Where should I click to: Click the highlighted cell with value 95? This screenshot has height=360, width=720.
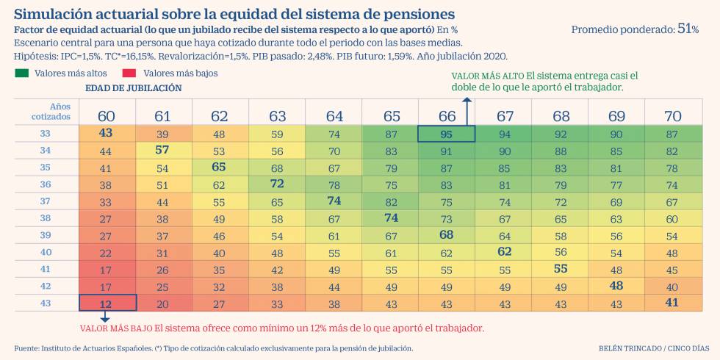[446, 134]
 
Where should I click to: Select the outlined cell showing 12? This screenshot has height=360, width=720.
[107, 303]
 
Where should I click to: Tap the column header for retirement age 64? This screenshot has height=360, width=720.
[334, 116]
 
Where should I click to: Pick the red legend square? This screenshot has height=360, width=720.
[129, 73]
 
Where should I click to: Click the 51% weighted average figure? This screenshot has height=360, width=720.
[688, 29]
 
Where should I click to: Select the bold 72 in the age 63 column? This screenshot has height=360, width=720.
[277, 184]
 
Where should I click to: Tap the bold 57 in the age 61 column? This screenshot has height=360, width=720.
[163, 150]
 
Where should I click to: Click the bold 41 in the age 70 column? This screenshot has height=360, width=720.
[672, 303]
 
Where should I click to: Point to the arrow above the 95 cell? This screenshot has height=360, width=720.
[467, 110]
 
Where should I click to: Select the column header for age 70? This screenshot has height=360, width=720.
[672, 116]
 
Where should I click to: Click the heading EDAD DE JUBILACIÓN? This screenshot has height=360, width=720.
[133, 87]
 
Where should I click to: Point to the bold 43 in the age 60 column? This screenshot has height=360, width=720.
[106, 133]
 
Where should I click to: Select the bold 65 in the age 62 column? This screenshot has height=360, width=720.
[220, 167]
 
